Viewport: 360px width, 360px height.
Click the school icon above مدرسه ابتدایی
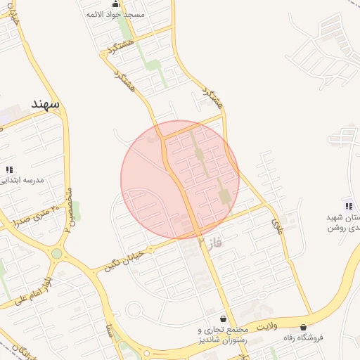coord(9,169)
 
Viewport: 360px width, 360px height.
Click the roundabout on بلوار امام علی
coord(56,254)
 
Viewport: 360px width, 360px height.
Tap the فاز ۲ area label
coord(209,243)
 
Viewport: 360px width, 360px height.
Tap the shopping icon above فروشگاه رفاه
coord(303,327)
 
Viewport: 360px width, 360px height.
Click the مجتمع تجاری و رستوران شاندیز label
coord(224,335)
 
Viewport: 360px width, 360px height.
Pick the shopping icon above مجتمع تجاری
coord(224,319)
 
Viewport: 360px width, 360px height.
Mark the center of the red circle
coord(180,179)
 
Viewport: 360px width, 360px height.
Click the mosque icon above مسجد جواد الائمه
coord(115,4)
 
